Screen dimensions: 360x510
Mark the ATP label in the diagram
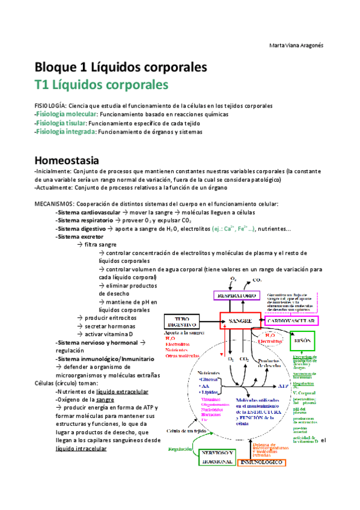point(282,386)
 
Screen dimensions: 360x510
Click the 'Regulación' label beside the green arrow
point(182,448)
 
